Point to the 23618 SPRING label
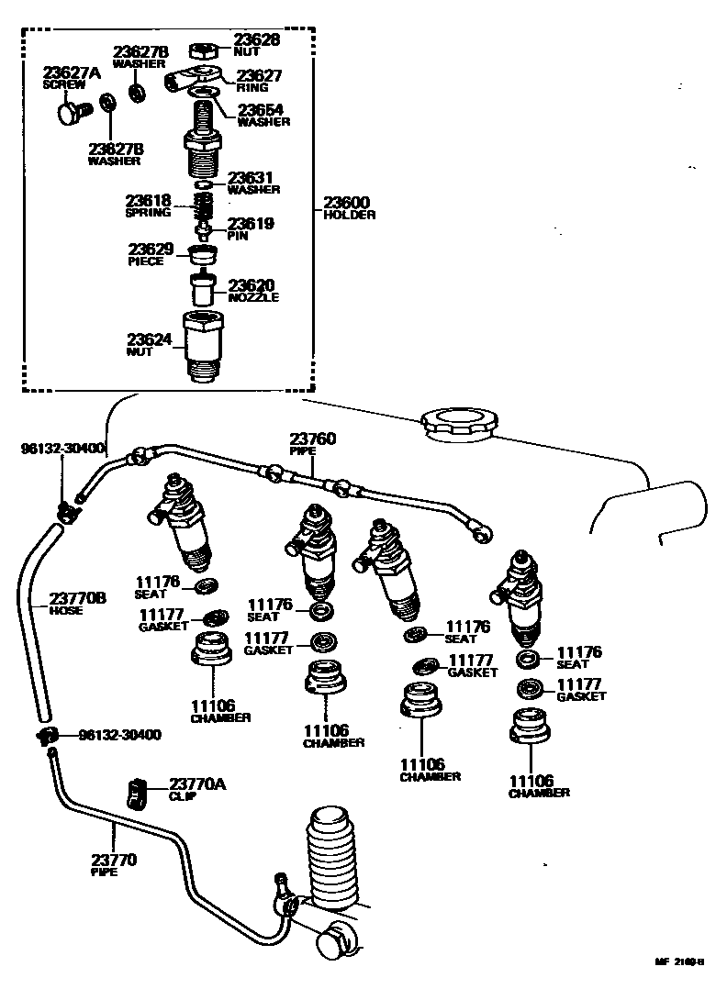click(x=149, y=206)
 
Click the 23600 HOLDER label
click(x=350, y=207)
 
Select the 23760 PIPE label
click(x=313, y=444)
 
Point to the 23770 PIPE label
click(x=114, y=865)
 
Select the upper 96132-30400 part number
click(x=63, y=449)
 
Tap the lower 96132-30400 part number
click(x=120, y=735)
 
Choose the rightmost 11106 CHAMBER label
click(x=539, y=785)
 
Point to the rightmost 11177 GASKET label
click(x=581, y=690)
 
